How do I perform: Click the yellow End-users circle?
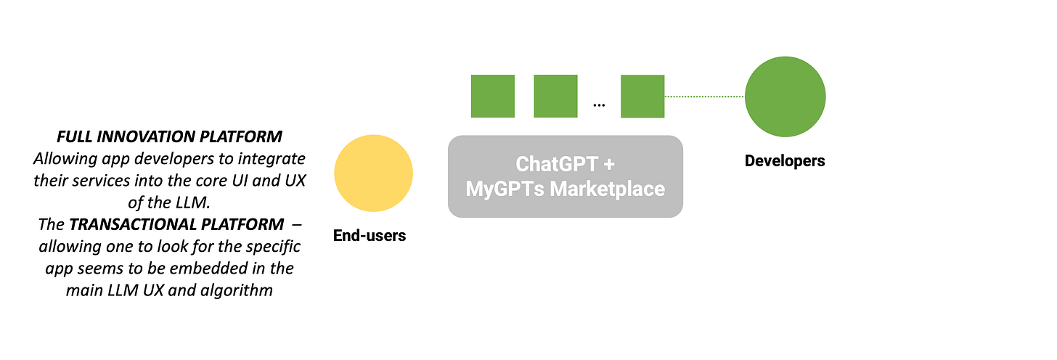pyautogui.click(x=373, y=173)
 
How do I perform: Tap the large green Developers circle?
pyautogui.click(x=785, y=97)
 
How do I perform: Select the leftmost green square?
pyautogui.click(x=493, y=96)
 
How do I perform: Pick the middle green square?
pyautogui.click(x=555, y=96)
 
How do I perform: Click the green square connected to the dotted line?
pyautogui.click(x=642, y=97)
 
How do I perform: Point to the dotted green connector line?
pyautogui.click(x=704, y=97)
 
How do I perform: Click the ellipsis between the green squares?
pyautogui.click(x=599, y=105)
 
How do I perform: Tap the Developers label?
pyautogui.click(x=785, y=160)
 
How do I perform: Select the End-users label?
pyautogui.click(x=370, y=235)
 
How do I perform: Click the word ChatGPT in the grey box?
pyautogui.click(x=555, y=163)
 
